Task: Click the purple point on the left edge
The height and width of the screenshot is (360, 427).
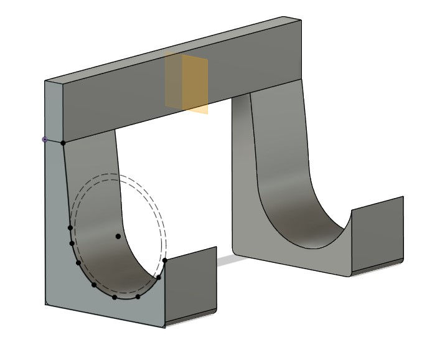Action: tap(44, 140)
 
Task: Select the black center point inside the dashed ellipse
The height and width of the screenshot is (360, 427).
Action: tap(118, 236)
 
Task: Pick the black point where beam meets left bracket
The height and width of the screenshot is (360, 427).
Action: tap(63, 143)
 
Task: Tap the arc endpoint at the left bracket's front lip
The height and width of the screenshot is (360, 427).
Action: tap(165, 260)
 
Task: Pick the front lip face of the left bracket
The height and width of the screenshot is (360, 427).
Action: tap(193, 283)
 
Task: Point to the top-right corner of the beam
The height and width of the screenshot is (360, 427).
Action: tap(302, 19)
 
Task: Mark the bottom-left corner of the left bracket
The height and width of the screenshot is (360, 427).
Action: tap(46, 303)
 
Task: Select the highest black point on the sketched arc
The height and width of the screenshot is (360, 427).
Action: tap(70, 228)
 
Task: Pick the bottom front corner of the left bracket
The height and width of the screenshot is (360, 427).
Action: tap(165, 326)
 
